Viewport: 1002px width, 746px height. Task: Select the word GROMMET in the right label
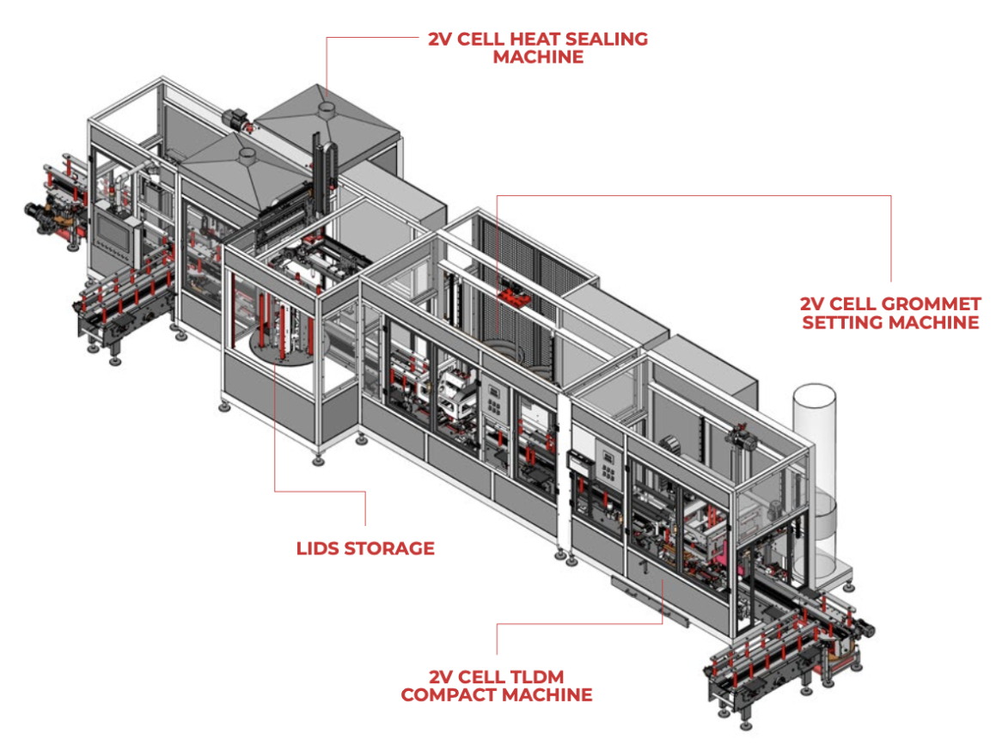(x=930, y=304)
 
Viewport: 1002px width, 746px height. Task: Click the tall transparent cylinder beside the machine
(x=814, y=480)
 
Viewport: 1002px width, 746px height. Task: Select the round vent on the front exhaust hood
(x=246, y=154)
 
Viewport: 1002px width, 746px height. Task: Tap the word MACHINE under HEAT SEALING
(x=538, y=57)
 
